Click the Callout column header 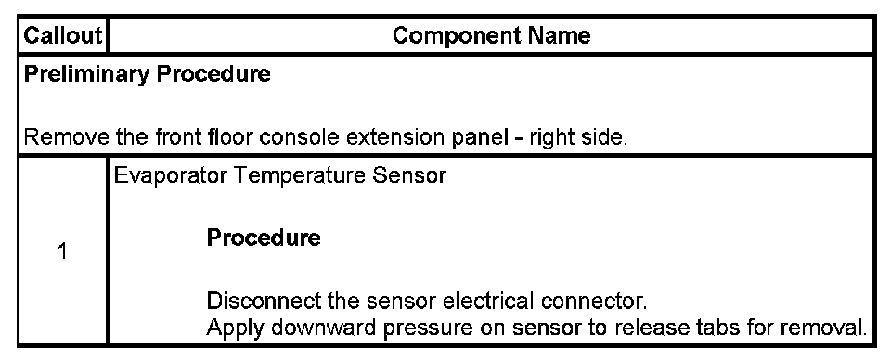(62, 36)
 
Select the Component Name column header (492, 36)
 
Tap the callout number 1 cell (62, 251)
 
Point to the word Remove (67, 137)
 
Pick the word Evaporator (171, 176)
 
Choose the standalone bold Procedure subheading (263, 238)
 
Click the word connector (594, 301)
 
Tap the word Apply (232, 328)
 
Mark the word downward (321, 328)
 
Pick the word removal (823, 328)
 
